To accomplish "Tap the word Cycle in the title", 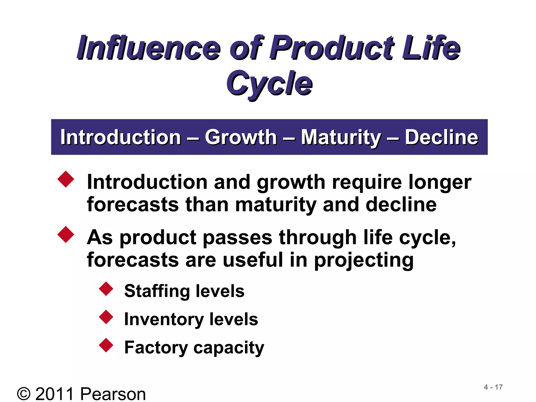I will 269,83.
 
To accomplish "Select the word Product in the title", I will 331,48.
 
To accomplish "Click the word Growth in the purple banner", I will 241,137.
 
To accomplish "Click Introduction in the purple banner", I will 121,137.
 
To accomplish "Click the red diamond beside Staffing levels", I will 106,289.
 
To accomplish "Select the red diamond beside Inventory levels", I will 106,317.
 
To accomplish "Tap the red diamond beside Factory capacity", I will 106,345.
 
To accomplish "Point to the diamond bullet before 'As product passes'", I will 66,234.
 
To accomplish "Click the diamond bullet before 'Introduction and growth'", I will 66,179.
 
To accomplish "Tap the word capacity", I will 229,348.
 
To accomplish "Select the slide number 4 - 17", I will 493,387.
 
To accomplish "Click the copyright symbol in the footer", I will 24,394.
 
